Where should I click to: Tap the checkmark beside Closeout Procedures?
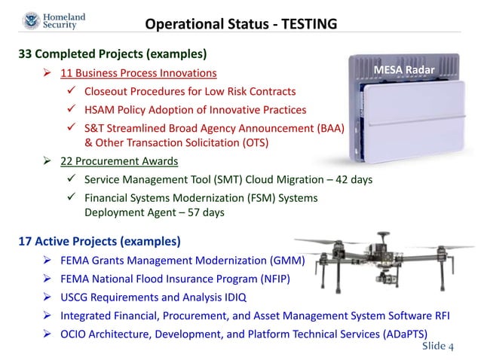(x=70, y=92)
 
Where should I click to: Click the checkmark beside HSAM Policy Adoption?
(x=70, y=110)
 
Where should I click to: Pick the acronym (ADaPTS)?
(x=406, y=334)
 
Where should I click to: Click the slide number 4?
(x=451, y=348)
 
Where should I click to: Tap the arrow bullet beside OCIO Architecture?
(x=46, y=334)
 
